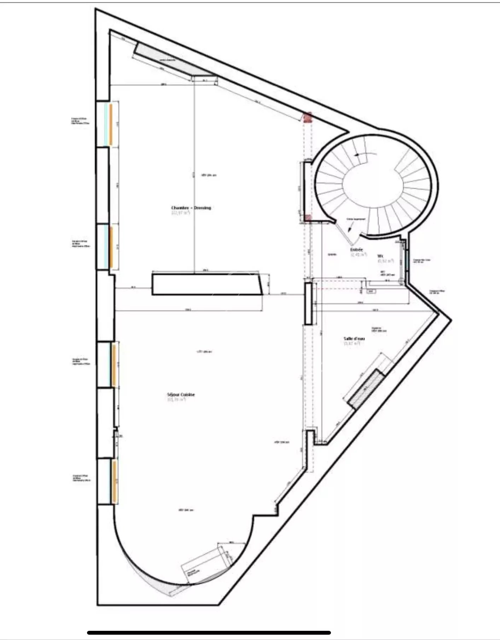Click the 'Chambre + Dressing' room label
(191, 208)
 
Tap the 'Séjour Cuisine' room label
(181, 395)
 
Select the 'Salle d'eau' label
(354, 339)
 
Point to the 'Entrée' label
(356, 250)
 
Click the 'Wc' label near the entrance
(380, 256)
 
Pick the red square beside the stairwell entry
(308, 218)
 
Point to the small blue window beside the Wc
(407, 260)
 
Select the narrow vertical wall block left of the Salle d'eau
(308, 303)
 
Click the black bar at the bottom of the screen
(209, 633)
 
